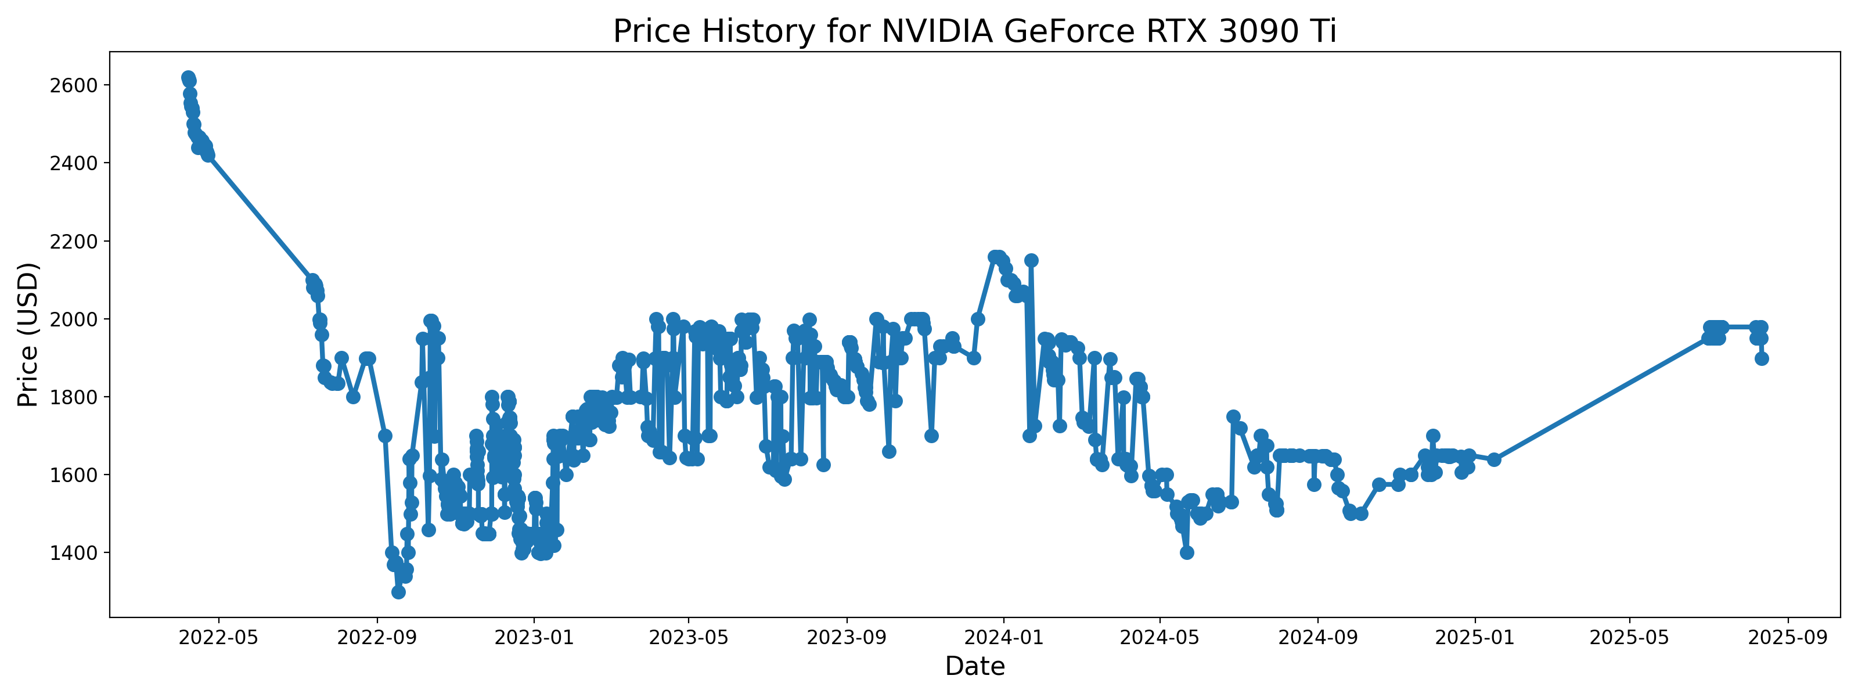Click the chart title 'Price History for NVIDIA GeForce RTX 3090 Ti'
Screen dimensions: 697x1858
(x=974, y=32)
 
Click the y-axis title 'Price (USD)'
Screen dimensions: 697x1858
(x=27, y=334)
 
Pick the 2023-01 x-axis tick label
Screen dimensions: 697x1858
(x=534, y=638)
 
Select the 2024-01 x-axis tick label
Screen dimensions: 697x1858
(x=1003, y=638)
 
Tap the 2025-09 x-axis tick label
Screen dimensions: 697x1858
(x=1787, y=638)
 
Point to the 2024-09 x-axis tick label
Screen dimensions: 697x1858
(x=1318, y=638)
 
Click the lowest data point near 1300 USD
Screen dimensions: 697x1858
(x=398, y=592)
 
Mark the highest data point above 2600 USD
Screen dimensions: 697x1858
(x=188, y=77)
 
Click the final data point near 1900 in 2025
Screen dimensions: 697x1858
(x=1762, y=358)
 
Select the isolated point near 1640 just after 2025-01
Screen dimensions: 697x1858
(x=1494, y=459)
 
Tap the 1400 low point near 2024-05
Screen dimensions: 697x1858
(x=1186, y=553)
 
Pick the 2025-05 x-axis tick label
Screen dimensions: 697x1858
(x=1629, y=638)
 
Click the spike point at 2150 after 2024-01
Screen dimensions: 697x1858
(x=1031, y=260)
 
